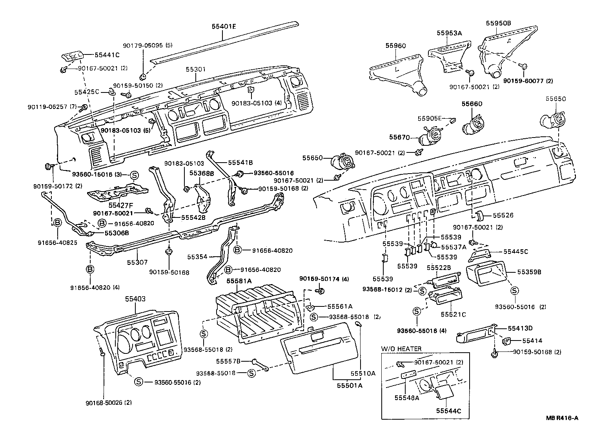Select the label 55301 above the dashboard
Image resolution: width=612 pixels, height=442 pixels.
(196, 69)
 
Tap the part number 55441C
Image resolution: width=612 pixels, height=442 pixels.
(107, 55)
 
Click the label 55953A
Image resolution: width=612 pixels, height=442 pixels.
(449, 33)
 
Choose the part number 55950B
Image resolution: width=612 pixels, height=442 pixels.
(499, 23)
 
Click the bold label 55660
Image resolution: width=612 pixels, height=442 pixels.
(472, 104)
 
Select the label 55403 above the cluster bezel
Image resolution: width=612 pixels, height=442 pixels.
(135, 299)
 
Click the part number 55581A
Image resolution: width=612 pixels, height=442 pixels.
(239, 281)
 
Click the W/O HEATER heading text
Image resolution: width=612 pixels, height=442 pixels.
(401, 348)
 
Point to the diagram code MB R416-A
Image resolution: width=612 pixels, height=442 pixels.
(562, 418)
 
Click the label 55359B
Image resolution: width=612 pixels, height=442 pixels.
(529, 271)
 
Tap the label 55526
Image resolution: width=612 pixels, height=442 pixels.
(503, 216)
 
